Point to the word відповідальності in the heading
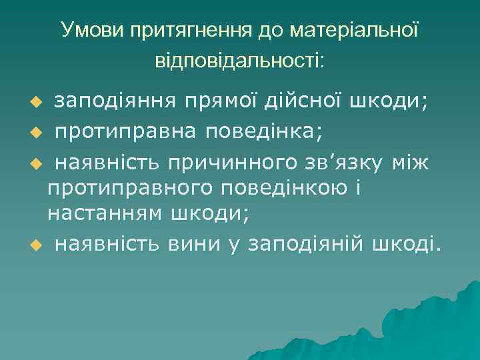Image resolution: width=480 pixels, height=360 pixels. point(239,61)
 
